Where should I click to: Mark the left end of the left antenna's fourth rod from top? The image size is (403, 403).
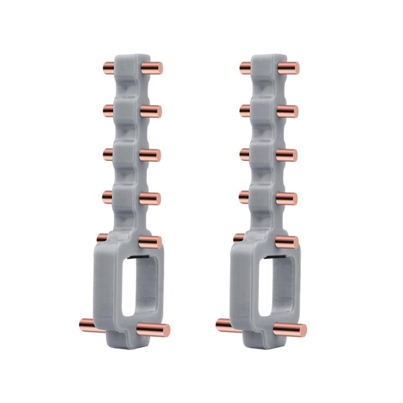(x=105, y=197)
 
